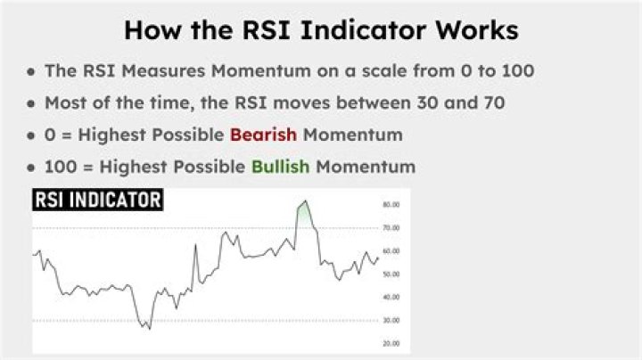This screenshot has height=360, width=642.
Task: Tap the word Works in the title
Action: coord(473,29)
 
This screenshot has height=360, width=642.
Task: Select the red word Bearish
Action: coord(263,135)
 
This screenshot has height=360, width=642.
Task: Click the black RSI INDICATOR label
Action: coord(98,201)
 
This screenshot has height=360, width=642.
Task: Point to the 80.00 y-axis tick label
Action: coord(391,205)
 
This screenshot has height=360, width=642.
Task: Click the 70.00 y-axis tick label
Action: coord(391,228)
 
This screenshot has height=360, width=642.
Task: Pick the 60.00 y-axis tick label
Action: coord(391,251)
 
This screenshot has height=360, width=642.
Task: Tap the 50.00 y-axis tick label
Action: coord(391,274)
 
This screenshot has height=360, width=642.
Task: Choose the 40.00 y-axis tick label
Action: coord(391,297)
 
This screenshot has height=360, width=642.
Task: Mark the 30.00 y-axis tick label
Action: coord(391,320)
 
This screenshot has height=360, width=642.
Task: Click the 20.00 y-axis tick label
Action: coord(391,343)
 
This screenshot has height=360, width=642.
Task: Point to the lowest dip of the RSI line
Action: coord(149,328)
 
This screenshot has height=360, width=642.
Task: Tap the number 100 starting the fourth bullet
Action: coord(60,167)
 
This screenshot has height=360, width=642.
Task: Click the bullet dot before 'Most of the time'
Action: coord(32,103)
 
